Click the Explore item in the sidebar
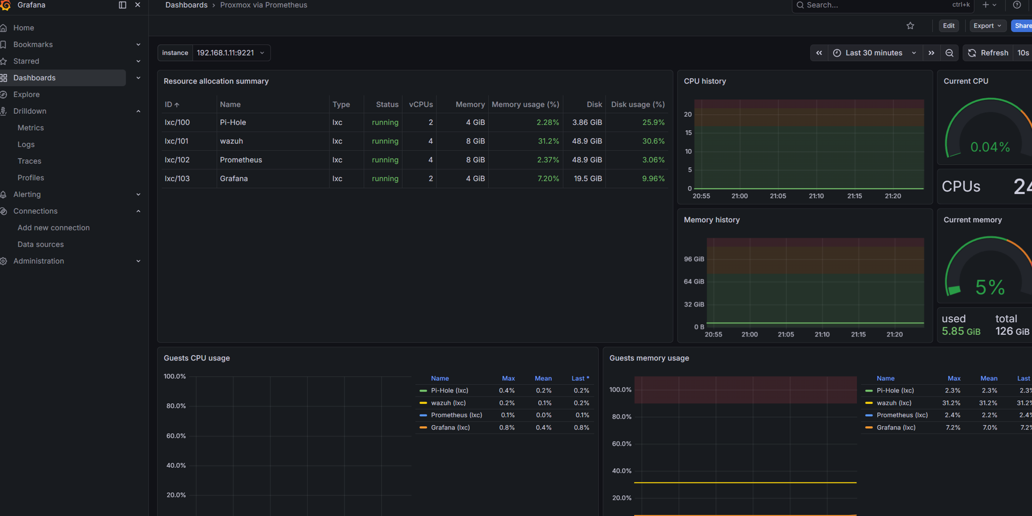(26, 94)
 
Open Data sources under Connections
(40, 244)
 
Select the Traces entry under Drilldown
(29, 161)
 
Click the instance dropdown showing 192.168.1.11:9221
(230, 53)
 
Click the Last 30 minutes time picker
(874, 53)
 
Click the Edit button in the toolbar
(948, 26)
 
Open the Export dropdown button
(987, 26)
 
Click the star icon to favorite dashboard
(910, 26)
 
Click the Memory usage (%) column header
(525, 104)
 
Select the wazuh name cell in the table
(232, 141)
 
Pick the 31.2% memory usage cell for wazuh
(548, 141)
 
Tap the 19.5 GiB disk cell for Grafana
(587, 178)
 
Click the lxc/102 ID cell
(177, 160)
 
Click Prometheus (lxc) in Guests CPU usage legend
(456, 415)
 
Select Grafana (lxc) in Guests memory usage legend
(896, 427)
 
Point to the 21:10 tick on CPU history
(816, 196)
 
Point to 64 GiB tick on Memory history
(694, 282)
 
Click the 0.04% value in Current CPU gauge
(990, 147)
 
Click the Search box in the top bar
(875, 5)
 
